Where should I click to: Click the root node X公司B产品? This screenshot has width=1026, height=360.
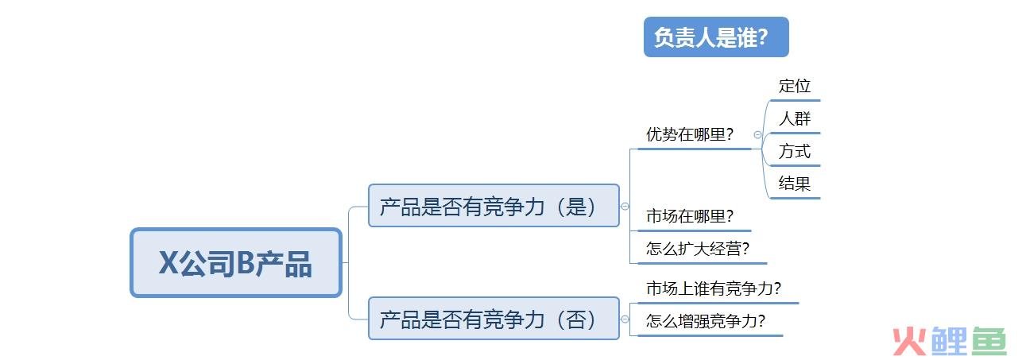pyautogui.click(x=236, y=263)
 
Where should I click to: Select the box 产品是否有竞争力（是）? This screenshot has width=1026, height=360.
pyautogui.click(x=493, y=206)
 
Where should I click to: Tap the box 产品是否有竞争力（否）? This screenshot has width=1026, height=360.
pyautogui.click(x=493, y=319)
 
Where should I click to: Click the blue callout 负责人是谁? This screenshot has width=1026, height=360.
pyautogui.click(x=715, y=37)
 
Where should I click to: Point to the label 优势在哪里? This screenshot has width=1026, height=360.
pyautogui.click(x=689, y=134)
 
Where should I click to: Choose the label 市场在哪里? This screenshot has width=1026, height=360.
pyautogui.click(x=689, y=216)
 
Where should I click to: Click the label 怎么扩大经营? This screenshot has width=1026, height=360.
pyautogui.click(x=697, y=249)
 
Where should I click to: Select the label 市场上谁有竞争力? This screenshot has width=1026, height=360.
pyautogui.click(x=713, y=288)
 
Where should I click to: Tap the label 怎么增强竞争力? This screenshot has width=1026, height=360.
pyautogui.click(x=705, y=321)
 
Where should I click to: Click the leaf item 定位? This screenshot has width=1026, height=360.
pyautogui.click(x=795, y=86)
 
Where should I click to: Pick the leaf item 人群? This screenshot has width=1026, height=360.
pyautogui.click(x=795, y=119)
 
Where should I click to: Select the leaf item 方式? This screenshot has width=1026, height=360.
pyautogui.click(x=795, y=151)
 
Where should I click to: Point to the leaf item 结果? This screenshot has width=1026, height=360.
pyautogui.click(x=795, y=184)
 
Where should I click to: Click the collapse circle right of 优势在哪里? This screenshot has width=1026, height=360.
pyautogui.click(x=757, y=135)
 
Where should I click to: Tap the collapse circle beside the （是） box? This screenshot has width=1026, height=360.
pyautogui.click(x=625, y=206)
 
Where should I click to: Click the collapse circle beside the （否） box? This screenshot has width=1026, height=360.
pyautogui.click(x=625, y=319)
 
